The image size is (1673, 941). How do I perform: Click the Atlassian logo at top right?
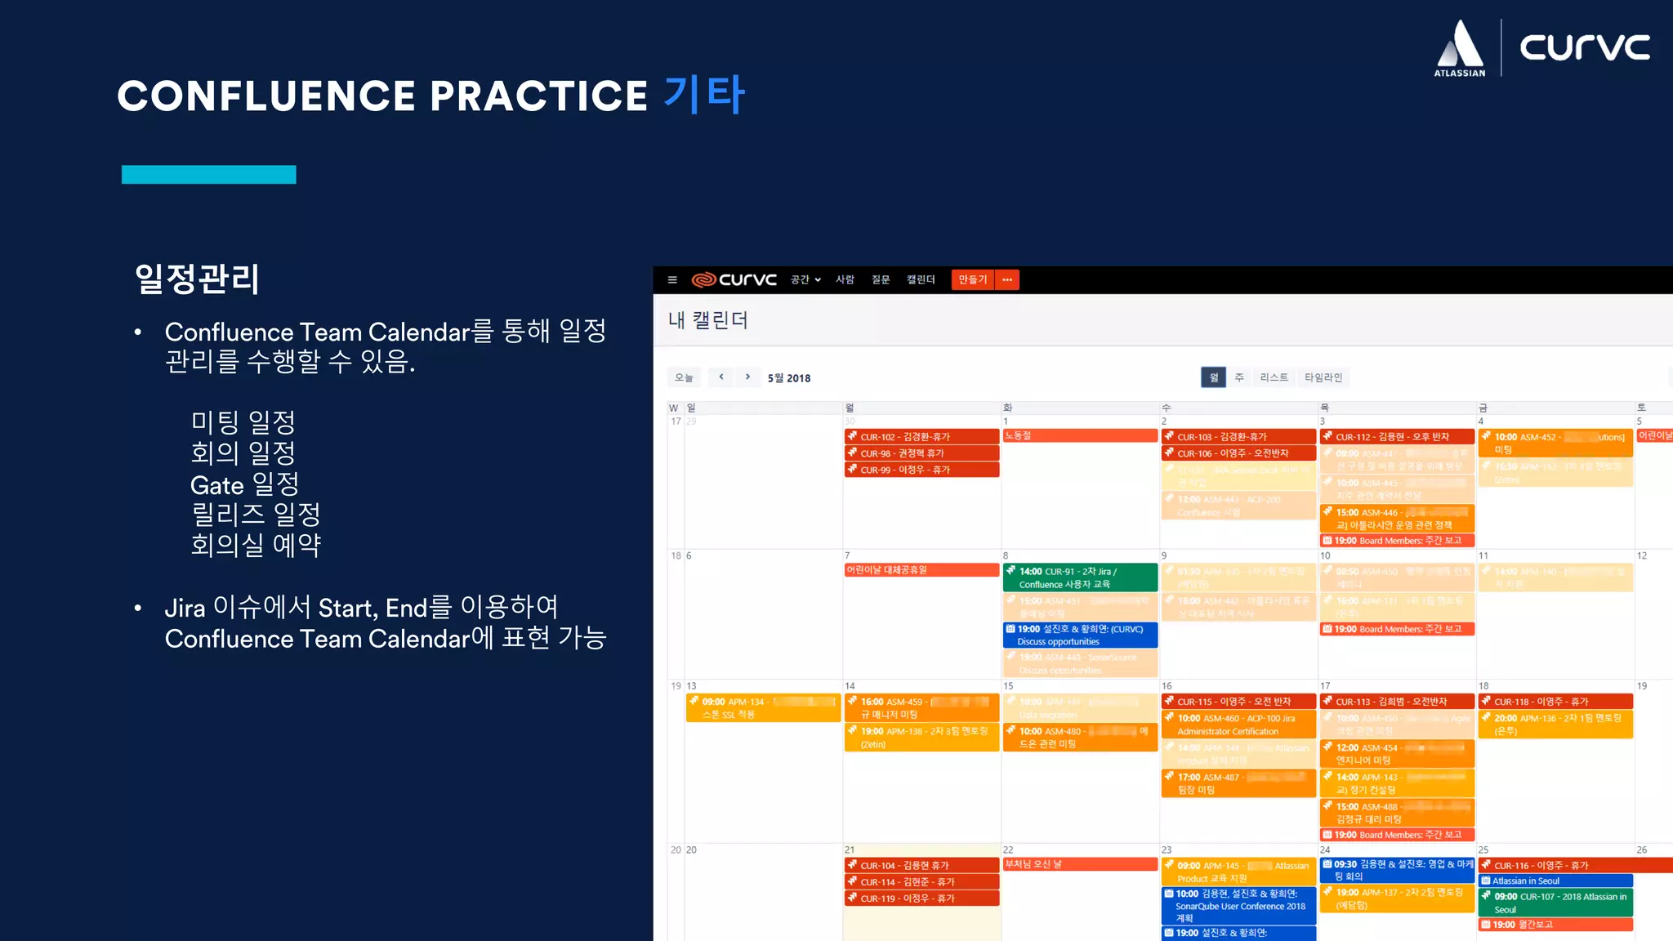coord(1460,48)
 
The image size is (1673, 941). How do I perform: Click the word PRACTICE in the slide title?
coord(538,96)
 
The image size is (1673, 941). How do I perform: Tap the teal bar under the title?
coord(208,174)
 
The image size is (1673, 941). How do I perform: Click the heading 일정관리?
coord(197,279)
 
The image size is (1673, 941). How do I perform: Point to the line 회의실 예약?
coord(256,545)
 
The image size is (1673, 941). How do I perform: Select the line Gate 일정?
coord(244,484)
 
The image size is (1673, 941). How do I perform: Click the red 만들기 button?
coord(972,279)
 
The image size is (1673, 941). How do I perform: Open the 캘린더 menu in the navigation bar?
coord(920,279)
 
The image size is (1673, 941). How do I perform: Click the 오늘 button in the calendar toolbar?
coord(684,377)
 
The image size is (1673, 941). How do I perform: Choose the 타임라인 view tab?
coord(1323,377)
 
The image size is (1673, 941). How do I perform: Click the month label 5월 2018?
coord(789,378)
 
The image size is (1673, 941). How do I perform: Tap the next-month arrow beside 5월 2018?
coord(747,377)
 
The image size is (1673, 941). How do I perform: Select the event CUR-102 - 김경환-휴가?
coord(921,437)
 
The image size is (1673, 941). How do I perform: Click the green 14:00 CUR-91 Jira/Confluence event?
coord(1079,578)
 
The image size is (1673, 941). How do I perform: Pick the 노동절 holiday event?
coord(1079,436)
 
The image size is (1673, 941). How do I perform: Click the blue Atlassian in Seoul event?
coord(1555,881)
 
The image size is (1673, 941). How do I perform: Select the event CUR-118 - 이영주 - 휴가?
coord(1555,702)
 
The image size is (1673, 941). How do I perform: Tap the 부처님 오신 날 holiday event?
coord(1079,864)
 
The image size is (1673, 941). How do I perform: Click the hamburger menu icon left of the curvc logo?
coord(672,279)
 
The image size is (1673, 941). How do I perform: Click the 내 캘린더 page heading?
coord(707,320)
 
